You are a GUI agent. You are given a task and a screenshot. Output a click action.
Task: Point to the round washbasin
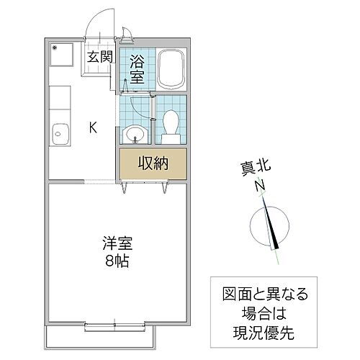[135, 133]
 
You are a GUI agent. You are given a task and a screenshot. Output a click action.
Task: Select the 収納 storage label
[153, 163]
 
